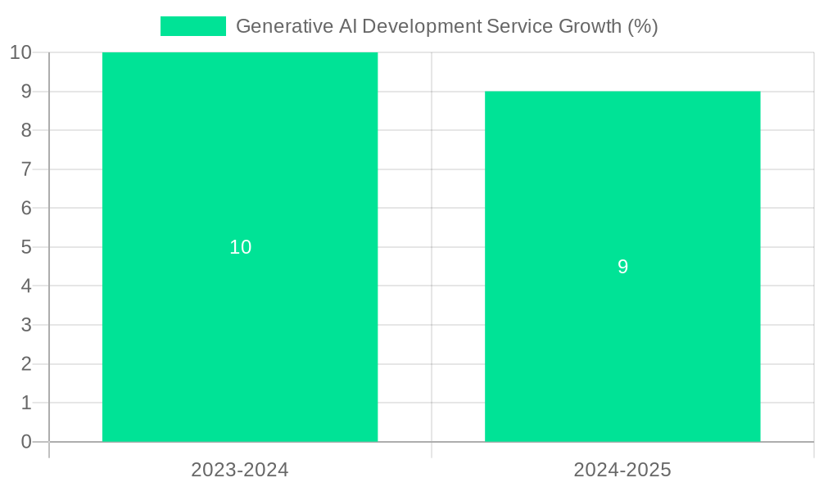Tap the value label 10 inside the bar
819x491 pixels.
[240, 247]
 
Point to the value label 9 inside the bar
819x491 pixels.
[622, 267]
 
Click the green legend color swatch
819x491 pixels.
[193, 26]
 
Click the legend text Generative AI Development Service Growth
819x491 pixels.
[446, 26]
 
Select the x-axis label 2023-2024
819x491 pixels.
[240, 470]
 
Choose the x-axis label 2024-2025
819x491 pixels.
[622, 470]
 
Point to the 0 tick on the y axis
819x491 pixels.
[26, 442]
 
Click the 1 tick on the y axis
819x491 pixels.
[26, 403]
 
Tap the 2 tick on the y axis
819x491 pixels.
[26, 364]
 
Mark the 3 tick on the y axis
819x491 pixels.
[26, 325]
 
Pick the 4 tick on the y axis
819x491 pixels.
[26, 286]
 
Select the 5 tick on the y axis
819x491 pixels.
[26, 247]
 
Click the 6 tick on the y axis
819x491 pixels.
[26, 208]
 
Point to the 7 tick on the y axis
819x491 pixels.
[26, 169]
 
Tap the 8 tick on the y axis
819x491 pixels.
[26, 130]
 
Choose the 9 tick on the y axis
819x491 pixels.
[26, 92]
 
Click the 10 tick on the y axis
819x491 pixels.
[20, 52]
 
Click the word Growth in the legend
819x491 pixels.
[590, 26]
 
